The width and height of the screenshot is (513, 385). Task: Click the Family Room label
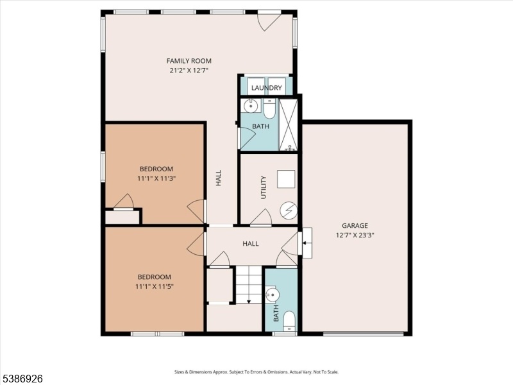[189, 61]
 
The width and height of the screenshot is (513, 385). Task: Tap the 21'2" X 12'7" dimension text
[189, 71]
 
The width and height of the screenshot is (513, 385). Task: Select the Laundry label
[266, 88]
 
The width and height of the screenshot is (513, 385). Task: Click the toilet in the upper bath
[270, 109]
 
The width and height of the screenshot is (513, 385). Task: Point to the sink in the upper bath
[251, 106]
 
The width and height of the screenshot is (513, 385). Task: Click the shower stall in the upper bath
[288, 124]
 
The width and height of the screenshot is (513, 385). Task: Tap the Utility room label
[264, 187]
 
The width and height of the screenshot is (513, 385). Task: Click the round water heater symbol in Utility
[289, 210]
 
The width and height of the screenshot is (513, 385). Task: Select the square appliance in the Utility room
[286, 179]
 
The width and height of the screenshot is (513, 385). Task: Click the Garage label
[355, 226]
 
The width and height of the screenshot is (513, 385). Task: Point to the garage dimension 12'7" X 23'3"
[355, 235]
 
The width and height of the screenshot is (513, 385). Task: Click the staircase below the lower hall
[249, 285]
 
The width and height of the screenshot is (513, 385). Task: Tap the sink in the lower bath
[271, 295]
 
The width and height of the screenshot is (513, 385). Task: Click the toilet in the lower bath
[289, 321]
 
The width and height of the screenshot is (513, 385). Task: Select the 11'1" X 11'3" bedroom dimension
[156, 178]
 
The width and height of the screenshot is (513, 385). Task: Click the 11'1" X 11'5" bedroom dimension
[155, 286]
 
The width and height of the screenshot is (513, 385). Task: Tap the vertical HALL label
[219, 178]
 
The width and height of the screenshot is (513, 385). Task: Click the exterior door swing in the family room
[269, 22]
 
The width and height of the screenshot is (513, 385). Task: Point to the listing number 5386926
[22, 379]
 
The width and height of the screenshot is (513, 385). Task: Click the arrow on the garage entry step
[305, 243]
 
